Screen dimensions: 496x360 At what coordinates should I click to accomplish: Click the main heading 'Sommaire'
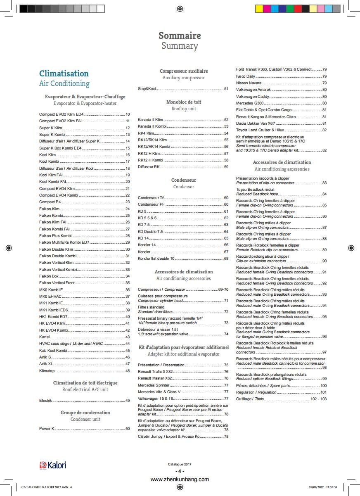[180, 36]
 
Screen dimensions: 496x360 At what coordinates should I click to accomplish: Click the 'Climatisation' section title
[64, 74]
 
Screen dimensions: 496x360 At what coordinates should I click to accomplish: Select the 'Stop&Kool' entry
[147, 89]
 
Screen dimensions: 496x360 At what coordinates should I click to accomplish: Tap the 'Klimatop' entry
[47, 371]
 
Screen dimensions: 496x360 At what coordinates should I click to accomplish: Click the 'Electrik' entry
[45, 401]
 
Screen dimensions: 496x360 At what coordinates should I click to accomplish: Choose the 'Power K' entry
[47, 429]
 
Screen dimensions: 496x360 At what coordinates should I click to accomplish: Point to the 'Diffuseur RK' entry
[149, 167]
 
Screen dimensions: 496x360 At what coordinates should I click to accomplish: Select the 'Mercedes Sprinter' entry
[154, 385]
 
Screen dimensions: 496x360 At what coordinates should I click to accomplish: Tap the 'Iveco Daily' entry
[246, 76]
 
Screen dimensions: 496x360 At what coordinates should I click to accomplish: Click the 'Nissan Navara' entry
[249, 83]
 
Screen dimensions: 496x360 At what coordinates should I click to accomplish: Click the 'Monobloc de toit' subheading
[184, 102]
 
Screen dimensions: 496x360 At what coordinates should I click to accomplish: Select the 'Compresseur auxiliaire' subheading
[184, 71]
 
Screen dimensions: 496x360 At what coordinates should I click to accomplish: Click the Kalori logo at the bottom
[52, 465]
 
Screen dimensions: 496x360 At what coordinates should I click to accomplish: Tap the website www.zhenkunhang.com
[180, 479]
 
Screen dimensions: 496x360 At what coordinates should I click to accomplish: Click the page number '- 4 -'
[180, 472]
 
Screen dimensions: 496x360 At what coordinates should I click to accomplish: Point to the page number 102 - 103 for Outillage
[318, 399]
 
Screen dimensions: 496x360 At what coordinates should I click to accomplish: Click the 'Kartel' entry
[45, 337]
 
